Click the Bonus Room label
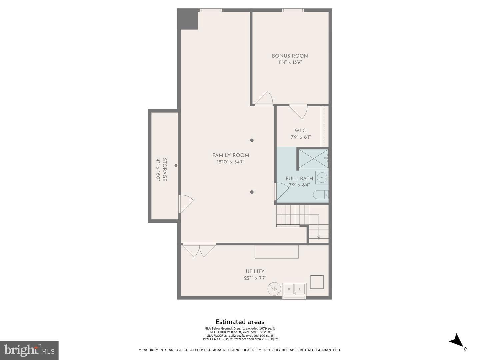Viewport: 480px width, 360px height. (290, 56)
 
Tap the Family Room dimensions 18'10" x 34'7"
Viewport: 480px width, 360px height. (231, 162)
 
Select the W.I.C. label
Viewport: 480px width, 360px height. (301, 131)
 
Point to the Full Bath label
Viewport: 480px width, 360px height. (299, 179)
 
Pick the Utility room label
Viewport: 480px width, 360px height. (255, 271)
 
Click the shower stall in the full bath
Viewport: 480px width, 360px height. (313, 159)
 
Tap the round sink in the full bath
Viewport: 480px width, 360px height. (322, 177)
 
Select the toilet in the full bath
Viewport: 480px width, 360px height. (321, 195)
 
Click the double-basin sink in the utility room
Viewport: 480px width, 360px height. (294, 289)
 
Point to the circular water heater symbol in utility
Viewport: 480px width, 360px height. (274, 289)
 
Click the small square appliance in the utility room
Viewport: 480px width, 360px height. (317, 282)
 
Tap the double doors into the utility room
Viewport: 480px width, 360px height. (199, 250)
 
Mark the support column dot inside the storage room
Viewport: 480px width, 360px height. (176, 165)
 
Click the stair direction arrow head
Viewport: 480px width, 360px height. (319, 237)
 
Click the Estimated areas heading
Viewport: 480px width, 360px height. (240, 322)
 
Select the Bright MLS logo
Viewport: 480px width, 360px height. (29, 350)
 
